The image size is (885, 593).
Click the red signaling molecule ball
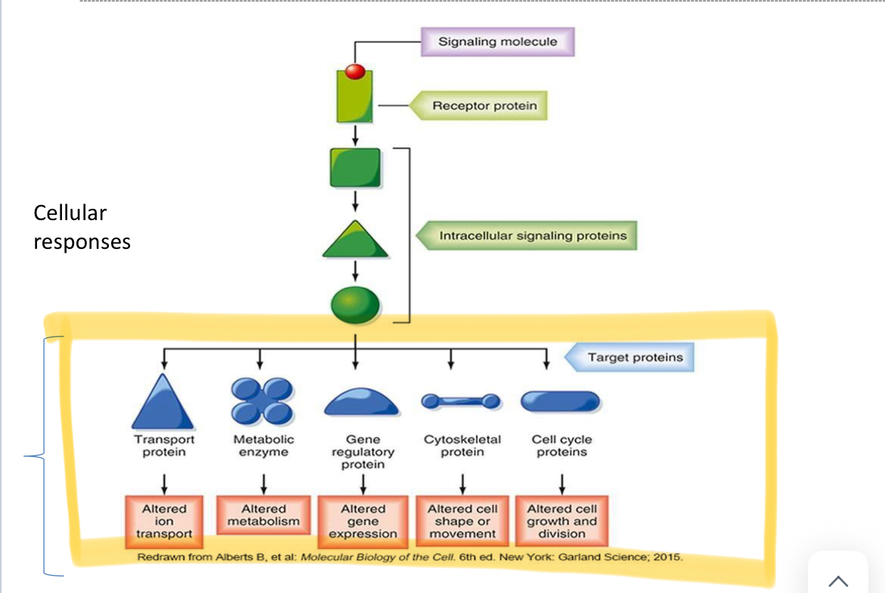pos(356,72)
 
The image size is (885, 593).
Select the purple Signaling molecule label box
pos(498,42)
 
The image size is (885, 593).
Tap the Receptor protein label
pos(484,106)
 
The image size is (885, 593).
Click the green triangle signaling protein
pos(356,241)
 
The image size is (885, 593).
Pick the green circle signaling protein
pos(356,304)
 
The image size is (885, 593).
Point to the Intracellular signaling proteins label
pos(533,236)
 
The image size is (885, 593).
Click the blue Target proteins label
pos(635,358)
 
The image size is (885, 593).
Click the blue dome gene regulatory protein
pos(361,404)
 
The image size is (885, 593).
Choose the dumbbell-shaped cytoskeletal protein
pos(461,400)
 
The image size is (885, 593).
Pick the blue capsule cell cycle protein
pos(560,401)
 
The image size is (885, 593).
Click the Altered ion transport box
pos(164,521)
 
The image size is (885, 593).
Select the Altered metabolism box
pos(263,516)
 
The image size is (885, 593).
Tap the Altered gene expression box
pos(363,521)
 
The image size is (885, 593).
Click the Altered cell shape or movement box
pos(462,521)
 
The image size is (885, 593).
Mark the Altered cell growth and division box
pos(561,521)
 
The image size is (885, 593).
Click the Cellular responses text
pos(81,227)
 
